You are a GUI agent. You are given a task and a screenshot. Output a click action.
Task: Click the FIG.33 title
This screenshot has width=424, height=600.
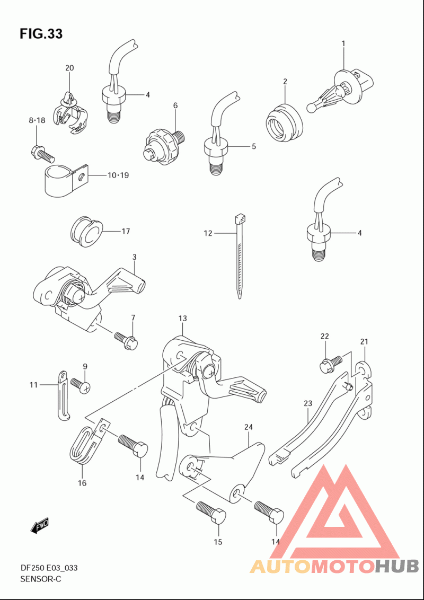(x=41, y=34)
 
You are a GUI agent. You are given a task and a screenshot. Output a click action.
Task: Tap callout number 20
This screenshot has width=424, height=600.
(x=69, y=68)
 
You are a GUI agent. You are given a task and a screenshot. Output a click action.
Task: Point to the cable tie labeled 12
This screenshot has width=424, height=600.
(x=239, y=257)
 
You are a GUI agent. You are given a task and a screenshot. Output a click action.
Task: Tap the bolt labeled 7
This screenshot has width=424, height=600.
(x=126, y=340)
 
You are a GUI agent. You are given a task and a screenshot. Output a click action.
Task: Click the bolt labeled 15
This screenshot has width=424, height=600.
(x=211, y=513)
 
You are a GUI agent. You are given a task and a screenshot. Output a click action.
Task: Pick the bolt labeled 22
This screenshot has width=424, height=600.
(x=331, y=364)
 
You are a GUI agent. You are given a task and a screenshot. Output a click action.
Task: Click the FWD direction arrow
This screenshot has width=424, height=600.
(x=40, y=526)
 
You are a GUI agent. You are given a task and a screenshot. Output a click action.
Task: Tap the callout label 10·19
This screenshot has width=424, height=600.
(x=118, y=175)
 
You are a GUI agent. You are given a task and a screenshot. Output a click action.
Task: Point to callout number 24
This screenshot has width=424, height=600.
(x=249, y=427)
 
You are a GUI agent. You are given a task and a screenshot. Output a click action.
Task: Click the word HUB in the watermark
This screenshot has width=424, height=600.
(x=396, y=566)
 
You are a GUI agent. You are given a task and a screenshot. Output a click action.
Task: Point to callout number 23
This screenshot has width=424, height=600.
(x=308, y=403)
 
